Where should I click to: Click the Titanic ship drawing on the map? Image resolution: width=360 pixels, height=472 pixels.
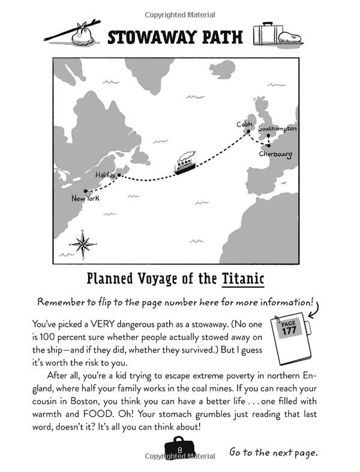[x=186, y=163]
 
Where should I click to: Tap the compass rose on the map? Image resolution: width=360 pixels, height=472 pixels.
[x=83, y=243]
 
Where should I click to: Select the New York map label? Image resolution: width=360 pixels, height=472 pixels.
[x=85, y=198]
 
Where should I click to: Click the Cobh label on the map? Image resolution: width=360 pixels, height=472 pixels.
[x=244, y=124]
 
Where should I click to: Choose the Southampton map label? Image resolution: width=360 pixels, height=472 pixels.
[x=277, y=129]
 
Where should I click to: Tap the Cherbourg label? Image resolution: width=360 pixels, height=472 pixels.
[x=275, y=154]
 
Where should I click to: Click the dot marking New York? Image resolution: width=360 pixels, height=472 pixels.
[x=85, y=191]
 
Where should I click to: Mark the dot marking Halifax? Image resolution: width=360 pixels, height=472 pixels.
[x=119, y=175]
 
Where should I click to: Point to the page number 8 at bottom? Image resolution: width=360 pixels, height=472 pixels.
[x=179, y=450]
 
